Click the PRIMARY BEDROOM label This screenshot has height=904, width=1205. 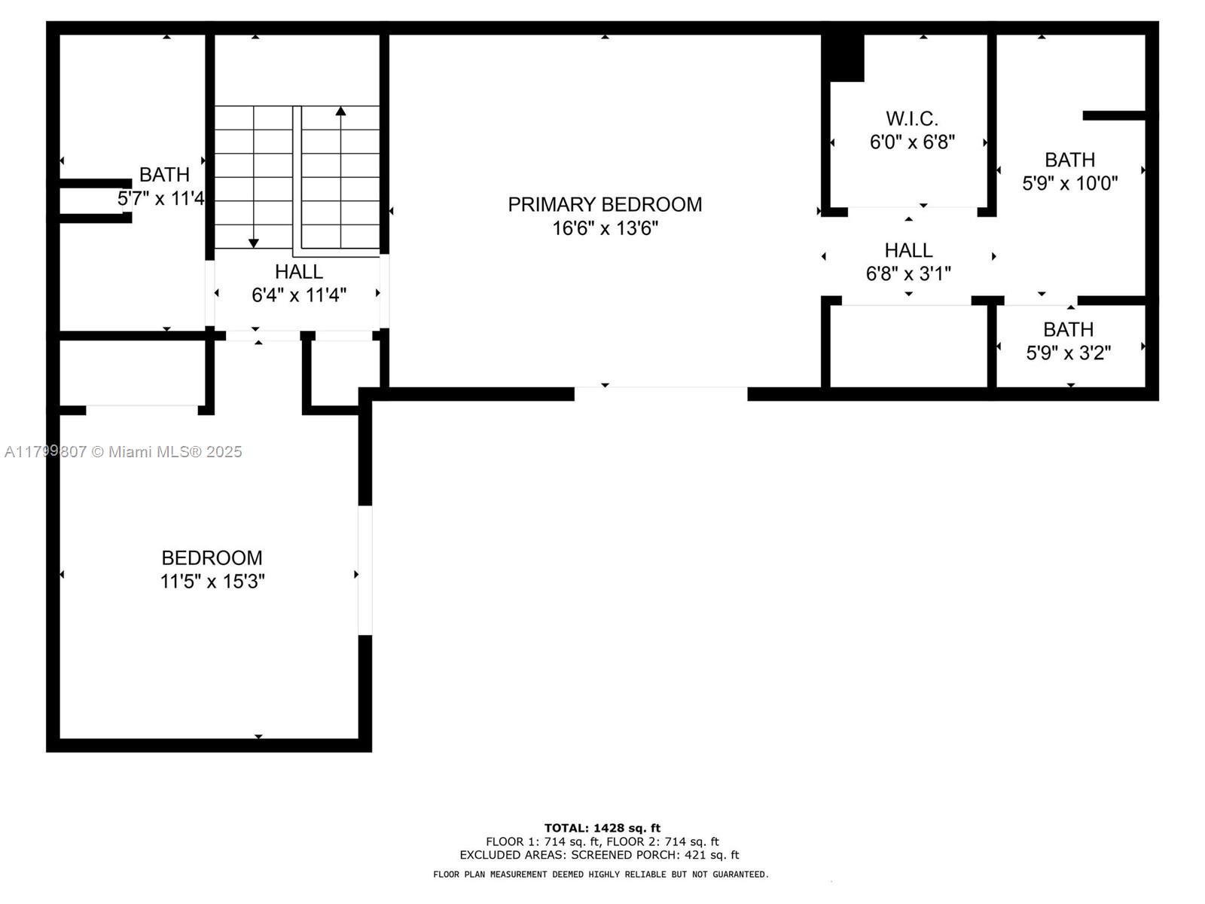coord(605,204)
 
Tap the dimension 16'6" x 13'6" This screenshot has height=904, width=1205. coord(605,228)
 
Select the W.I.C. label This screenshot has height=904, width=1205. coord(911,118)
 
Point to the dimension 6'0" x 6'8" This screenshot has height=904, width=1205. coord(912,142)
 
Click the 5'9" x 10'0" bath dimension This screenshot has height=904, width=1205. coord(1069,183)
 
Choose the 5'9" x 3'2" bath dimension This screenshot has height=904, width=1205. coord(1068,353)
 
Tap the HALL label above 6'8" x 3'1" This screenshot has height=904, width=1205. coord(908,250)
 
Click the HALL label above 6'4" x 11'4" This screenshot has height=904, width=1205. coord(299,271)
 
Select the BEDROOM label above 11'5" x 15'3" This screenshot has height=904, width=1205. coord(212,557)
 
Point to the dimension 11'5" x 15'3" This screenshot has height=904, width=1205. coord(212,582)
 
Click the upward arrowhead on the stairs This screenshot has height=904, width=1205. coord(341,111)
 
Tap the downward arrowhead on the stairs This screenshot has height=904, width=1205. coord(254,243)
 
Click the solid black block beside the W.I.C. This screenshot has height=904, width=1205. coord(843,58)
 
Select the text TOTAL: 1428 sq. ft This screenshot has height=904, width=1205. coord(602,828)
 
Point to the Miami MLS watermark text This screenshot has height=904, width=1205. coord(123,452)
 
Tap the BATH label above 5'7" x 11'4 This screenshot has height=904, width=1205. coord(164,175)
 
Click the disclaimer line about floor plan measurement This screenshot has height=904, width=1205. coord(601,875)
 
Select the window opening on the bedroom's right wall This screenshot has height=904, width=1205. coord(365,570)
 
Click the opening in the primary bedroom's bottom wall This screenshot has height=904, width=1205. coord(661,393)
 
